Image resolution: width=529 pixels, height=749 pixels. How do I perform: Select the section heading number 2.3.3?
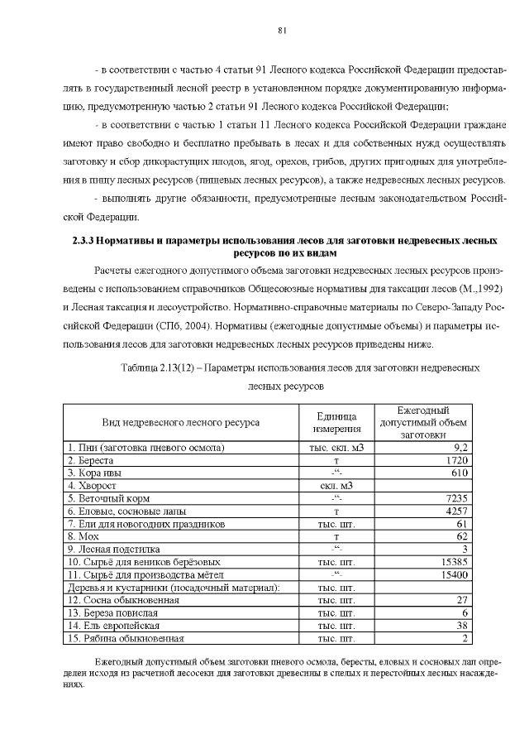(79, 240)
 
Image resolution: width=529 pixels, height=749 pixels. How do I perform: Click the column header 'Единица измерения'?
(336, 422)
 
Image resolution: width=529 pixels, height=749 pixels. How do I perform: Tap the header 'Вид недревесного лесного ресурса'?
(180, 422)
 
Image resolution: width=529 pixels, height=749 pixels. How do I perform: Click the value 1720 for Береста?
(457, 459)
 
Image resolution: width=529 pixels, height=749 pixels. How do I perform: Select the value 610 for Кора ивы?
(460, 472)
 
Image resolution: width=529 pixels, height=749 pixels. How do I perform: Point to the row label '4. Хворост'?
(93, 485)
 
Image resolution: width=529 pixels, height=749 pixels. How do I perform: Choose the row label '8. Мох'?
(85, 536)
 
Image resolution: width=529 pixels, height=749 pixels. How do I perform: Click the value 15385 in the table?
(455, 562)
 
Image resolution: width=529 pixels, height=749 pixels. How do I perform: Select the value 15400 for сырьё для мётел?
(455, 574)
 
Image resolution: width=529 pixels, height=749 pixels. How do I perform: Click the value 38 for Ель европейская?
(463, 626)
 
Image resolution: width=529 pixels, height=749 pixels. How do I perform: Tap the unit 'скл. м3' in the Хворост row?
(336, 485)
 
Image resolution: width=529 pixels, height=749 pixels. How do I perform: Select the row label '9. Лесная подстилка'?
(114, 549)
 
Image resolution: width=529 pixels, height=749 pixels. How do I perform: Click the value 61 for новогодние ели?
(463, 524)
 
